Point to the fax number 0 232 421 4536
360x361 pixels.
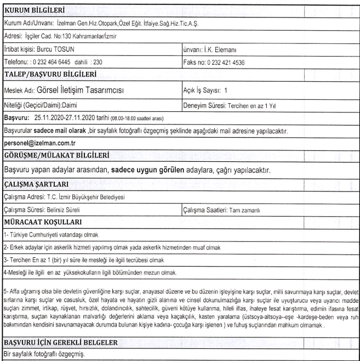click(x=226, y=62)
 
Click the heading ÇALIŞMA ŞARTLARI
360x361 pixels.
click(x=37, y=184)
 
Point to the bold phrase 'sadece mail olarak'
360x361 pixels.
click(x=60, y=131)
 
